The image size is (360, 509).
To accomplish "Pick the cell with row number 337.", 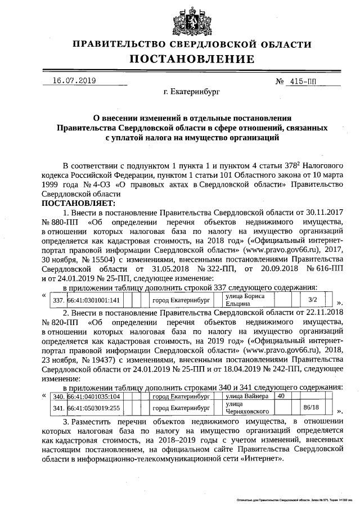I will (58, 300).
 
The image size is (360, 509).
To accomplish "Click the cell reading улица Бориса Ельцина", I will (245, 299).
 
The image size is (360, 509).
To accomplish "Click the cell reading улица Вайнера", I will (245, 397).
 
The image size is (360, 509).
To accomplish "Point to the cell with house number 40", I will (281, 397).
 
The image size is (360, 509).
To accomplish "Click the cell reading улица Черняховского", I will (245, 408).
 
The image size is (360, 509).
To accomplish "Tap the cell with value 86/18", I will (311, 408).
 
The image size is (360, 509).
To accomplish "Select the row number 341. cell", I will (58, 408).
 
